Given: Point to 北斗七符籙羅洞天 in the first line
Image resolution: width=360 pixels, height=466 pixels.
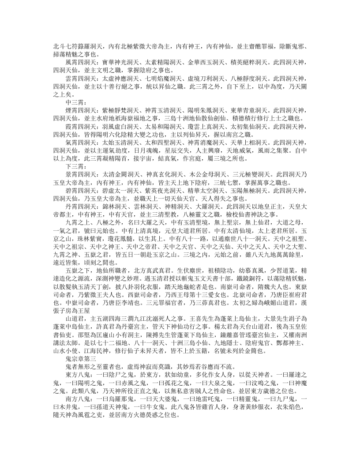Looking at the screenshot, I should click(x=77, y=46).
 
